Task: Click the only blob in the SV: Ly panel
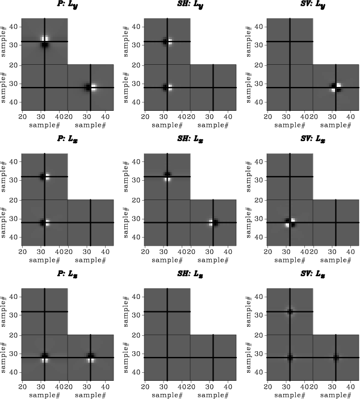(336, 88)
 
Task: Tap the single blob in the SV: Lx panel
(290, 223)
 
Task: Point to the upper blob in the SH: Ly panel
(167, 41)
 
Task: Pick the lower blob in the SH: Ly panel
(167, 88)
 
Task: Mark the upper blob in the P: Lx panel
(44, 177)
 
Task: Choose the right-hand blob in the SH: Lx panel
(213, 223)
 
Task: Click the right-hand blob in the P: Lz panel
(91, 358)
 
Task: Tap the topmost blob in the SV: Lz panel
(290, 311)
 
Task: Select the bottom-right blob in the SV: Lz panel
(336, 358)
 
